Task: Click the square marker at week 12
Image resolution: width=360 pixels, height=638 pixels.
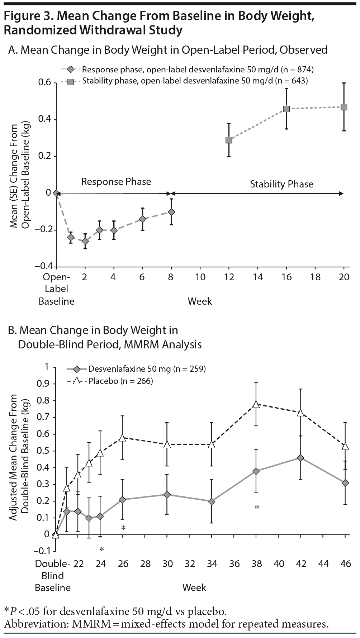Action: click(x=229, y=140)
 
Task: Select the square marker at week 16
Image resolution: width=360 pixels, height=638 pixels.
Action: click(x=286, y=109)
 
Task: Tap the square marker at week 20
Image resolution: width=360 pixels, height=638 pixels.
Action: click(x=344, y=107)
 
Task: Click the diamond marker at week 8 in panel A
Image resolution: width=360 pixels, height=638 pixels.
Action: click(x=171, y=212)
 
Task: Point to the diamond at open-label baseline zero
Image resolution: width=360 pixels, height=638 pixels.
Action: click(x=56, y=193)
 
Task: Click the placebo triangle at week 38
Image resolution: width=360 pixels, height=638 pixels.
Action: click(x=256, y=404)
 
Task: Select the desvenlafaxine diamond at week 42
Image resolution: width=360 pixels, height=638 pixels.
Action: click(x=300, y=458)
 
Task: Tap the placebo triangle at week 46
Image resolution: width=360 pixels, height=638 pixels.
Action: click(x=345, y=446)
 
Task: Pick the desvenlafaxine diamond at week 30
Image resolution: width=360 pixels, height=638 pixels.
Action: click(x=167, y=495)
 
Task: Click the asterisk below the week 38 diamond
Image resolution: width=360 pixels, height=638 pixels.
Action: click(x=257, y=508)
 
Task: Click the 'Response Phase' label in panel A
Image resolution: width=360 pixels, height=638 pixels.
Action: click(x=116, y=181)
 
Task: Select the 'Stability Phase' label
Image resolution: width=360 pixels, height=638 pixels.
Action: click(x=281, y=184)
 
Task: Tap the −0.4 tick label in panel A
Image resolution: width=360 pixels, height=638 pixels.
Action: click(x=43, y=266)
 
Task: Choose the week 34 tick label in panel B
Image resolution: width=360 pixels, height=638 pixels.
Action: click(x=212, y=564)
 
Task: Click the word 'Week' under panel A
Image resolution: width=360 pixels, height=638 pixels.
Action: click(x=200, y=301)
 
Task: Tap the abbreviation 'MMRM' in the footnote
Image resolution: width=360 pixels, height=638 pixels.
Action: click(x=90, y=624)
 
